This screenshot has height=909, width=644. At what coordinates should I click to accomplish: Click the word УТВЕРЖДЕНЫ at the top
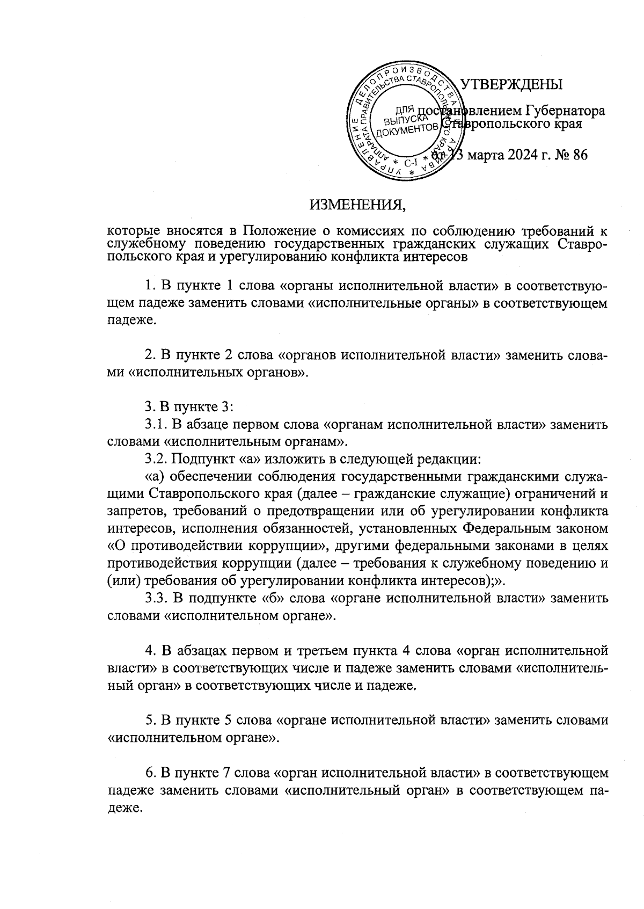coord(511,84)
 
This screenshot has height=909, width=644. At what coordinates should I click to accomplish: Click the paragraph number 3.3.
coord(157,598)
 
